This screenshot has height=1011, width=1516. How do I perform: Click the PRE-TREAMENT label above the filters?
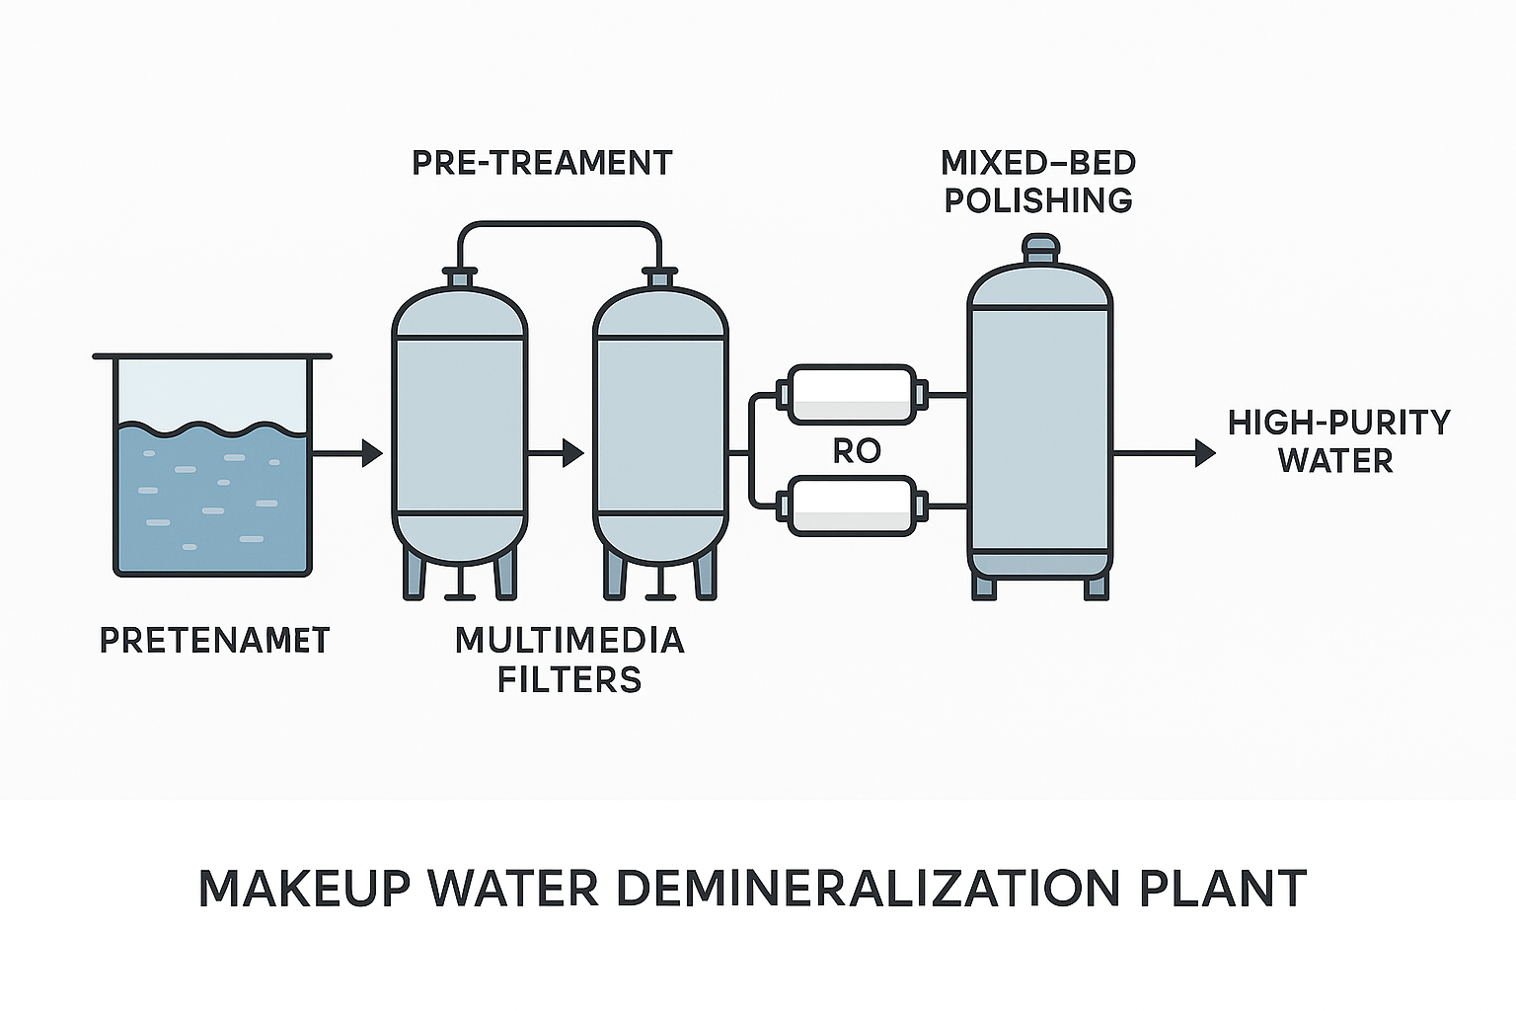542,163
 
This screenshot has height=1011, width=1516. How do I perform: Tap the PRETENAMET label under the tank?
214,641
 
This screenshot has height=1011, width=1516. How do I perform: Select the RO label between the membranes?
856,451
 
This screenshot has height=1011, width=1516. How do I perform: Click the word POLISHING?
1038,200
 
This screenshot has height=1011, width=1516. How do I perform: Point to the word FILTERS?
569,680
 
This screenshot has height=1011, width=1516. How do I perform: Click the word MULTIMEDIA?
569,641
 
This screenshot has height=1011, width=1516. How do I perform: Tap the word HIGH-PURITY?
1338,423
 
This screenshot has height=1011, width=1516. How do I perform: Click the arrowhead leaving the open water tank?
372,453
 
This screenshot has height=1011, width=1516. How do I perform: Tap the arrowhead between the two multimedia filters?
573,453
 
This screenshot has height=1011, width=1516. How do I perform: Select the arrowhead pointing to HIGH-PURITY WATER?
1205,453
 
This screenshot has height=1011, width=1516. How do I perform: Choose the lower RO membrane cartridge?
852,505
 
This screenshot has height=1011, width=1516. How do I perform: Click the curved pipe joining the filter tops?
559,225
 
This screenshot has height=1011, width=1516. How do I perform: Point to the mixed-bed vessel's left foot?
983,587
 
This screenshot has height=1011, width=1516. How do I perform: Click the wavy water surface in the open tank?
212,429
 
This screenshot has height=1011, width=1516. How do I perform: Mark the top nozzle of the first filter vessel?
459,276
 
